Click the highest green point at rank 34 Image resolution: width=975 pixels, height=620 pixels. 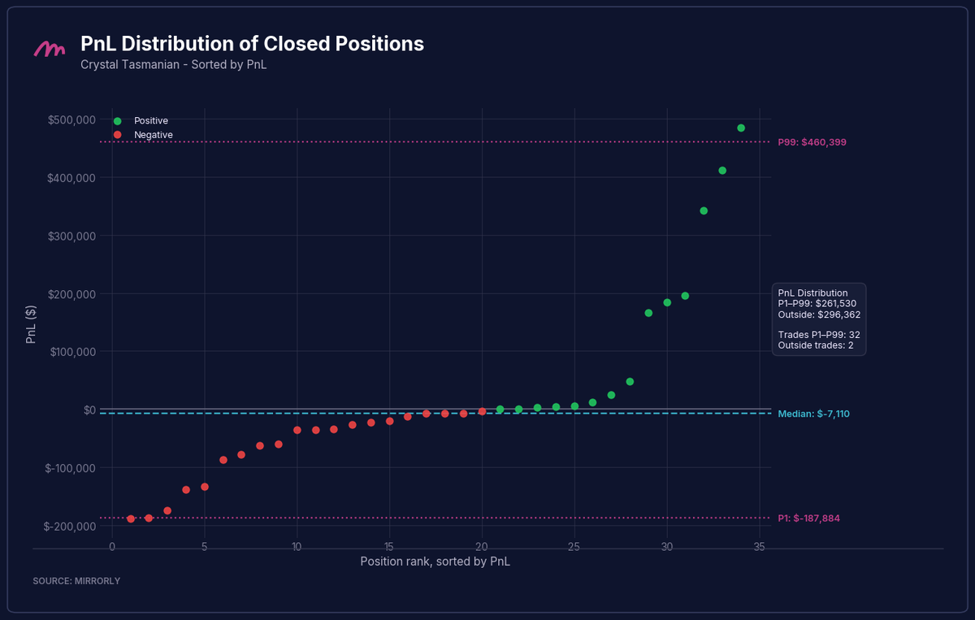(741, 128)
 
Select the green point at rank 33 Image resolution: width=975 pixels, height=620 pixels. (722, 171)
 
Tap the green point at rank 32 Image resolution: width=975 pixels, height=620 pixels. (704, 210)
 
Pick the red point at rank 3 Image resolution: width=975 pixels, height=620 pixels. (167, 511)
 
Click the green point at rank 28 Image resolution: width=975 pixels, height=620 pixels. (630, 382)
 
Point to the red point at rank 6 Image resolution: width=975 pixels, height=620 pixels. (223, 460)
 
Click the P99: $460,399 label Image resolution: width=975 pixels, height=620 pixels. (812, 142)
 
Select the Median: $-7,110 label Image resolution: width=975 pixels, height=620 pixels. (813, 414)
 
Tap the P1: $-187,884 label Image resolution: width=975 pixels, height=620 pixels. (808, 518)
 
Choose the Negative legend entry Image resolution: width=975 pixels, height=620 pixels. (143, 135)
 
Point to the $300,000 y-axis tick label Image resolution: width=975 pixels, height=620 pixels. (71, 236)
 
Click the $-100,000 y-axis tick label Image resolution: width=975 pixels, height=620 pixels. (70, 468)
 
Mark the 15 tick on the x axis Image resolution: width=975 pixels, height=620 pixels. (389, 547)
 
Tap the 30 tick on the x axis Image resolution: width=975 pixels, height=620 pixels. (667, 547)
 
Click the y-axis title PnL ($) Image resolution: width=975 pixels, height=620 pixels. (31, 324)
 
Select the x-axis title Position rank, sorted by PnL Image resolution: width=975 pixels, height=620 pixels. (435, 561)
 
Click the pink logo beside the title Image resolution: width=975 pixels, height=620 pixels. (50, 50)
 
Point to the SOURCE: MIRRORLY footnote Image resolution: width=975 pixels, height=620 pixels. (76, 581)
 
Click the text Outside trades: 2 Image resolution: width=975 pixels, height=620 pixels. (816, 345)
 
